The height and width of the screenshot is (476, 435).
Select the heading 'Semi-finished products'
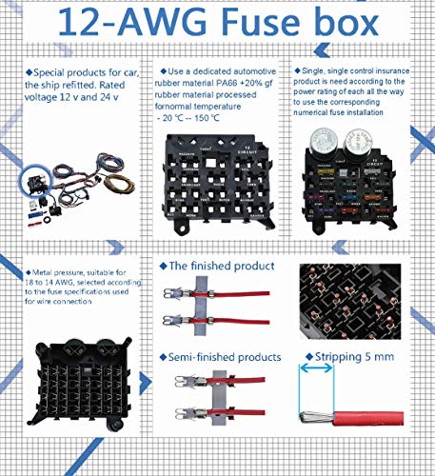[226, 357]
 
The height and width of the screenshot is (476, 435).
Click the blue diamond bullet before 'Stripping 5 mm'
[307, 358]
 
